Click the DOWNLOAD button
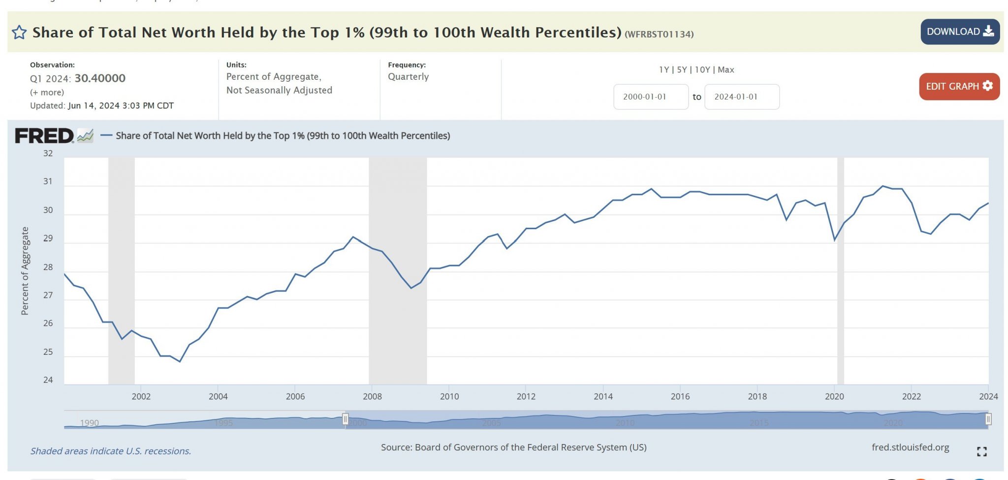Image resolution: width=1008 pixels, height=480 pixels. tap(959, 32)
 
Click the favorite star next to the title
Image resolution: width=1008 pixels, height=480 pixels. tap(19, 33)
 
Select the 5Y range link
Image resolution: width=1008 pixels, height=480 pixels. tap(682, 70)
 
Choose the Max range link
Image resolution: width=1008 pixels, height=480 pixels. tap(725, 70)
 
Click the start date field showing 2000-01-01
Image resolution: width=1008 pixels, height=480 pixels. tap(650, 97)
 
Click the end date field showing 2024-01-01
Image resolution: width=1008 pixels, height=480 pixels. tap(741, 97)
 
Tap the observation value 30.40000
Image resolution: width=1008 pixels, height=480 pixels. tap(100, 78)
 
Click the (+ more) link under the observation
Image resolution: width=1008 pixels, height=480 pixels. tap(47, 93)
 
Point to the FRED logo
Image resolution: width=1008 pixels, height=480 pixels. tap(44, 136)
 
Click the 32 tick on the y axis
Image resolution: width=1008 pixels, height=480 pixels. tap(48, 154)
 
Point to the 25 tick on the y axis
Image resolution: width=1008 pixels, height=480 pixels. tap(48, 352)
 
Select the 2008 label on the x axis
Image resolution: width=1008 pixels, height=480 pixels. tap(372, 397)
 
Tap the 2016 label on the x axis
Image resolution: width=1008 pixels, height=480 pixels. tap(680, 397)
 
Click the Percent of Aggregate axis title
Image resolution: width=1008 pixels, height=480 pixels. tap(25, 271)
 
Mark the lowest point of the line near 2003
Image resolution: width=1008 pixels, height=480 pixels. tap(180, 362)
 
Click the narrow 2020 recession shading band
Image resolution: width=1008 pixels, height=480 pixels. tap(841, 271)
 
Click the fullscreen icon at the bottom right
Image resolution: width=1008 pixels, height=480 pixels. tap(981, 451)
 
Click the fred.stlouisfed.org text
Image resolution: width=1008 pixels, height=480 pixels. tap(910, 447)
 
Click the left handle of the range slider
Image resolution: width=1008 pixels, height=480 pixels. tap(346, 419)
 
